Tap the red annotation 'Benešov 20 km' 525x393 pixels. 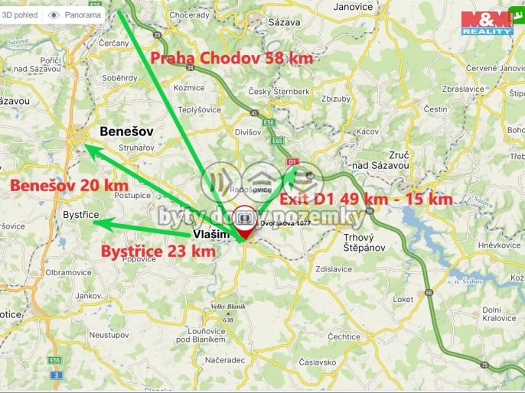coord(68,185)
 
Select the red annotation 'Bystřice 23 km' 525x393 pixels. coord(158,250)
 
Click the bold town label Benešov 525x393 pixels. coord(126,132)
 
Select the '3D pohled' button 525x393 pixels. coord(21,15)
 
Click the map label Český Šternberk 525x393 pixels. coord(279,92)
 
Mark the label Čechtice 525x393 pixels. coord(343,336)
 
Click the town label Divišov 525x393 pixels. coord(249,132)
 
